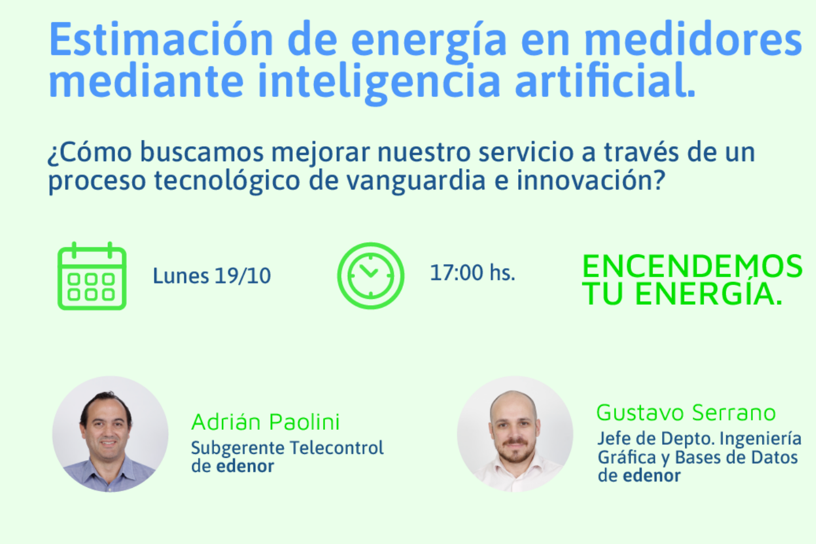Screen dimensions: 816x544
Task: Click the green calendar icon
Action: [x=92, y=275]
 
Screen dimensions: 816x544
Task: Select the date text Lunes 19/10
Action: [x=212, y=275]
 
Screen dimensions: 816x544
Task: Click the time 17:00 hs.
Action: [x=472, y=273]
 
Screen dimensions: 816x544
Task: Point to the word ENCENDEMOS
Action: [x=692, y=266]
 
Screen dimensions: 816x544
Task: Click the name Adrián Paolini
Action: [x=266, y=422]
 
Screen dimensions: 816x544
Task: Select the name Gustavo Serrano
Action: [x=686, y=413]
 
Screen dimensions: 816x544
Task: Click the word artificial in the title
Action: [x=605, y=80]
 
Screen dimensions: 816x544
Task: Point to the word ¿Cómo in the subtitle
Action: [x=90, y=152]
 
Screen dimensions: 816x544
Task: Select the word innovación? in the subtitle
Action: [x=591, y=180]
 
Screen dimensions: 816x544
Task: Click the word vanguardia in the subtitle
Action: [x=415, y=181]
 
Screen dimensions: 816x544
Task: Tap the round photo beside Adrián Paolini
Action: [x=110, y=434]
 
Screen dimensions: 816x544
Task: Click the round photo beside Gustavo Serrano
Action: [x=515, y=434]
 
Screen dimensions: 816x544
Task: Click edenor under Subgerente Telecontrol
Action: [x=245, y=466]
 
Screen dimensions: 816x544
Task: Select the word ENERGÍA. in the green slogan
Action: [x=709, y=294]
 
